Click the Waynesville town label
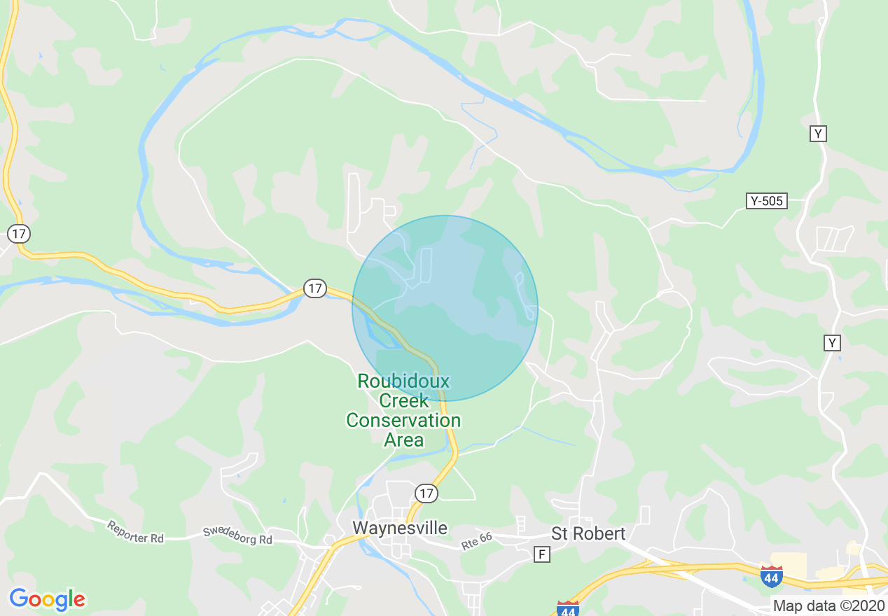(400, 528)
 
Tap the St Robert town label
(588, 533)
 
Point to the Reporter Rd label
(135, 532)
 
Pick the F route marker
(541, 554)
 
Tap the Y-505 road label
(766, 202)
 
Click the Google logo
(47, 599)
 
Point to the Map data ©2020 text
(829, 605)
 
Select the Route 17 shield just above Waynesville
(426, 493)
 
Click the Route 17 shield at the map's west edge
(19, 234)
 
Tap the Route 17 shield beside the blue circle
(315, 288)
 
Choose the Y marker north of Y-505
(818, 134)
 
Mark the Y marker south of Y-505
(832, 342)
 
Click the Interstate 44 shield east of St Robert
(771, 576)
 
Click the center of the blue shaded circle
(445, 308)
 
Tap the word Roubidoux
(403, 381)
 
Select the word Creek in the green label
(403, 401)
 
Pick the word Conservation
(403, 421)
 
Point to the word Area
(404, 440)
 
